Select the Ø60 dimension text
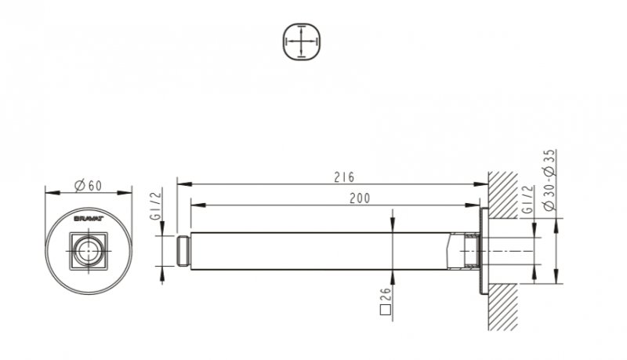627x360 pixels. [x=89, y=185]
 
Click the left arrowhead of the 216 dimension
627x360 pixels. [x=180, y=184]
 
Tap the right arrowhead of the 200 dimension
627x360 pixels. [x=475, y=205]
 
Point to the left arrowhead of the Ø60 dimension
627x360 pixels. [x=49, y=191]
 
